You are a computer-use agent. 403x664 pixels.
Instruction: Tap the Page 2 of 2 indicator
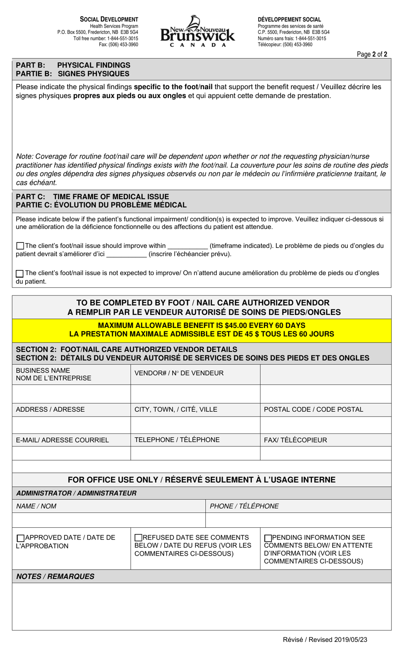click(372, 54)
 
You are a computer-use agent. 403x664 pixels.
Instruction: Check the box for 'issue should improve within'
click(20, 246)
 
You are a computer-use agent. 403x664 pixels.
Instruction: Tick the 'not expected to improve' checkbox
click(20, 273)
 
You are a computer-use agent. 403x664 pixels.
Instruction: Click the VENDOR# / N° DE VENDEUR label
click(179, 373)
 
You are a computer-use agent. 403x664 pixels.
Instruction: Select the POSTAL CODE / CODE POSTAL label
click(313, 409)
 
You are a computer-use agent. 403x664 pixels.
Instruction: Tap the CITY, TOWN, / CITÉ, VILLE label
click(176, 409)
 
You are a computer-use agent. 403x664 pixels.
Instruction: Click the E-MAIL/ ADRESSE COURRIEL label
click(62, 440)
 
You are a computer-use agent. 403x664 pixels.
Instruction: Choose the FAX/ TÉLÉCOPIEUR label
click(295, 440)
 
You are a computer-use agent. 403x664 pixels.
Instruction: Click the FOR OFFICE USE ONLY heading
click(201, 480)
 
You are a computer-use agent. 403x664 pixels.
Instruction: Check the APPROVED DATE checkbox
click(20, 538)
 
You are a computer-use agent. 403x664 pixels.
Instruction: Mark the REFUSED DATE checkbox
click(138, 538)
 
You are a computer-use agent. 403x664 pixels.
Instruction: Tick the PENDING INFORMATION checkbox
click(268, 538)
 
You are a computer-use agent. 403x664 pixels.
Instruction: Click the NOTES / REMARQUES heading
click(55, 576)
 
